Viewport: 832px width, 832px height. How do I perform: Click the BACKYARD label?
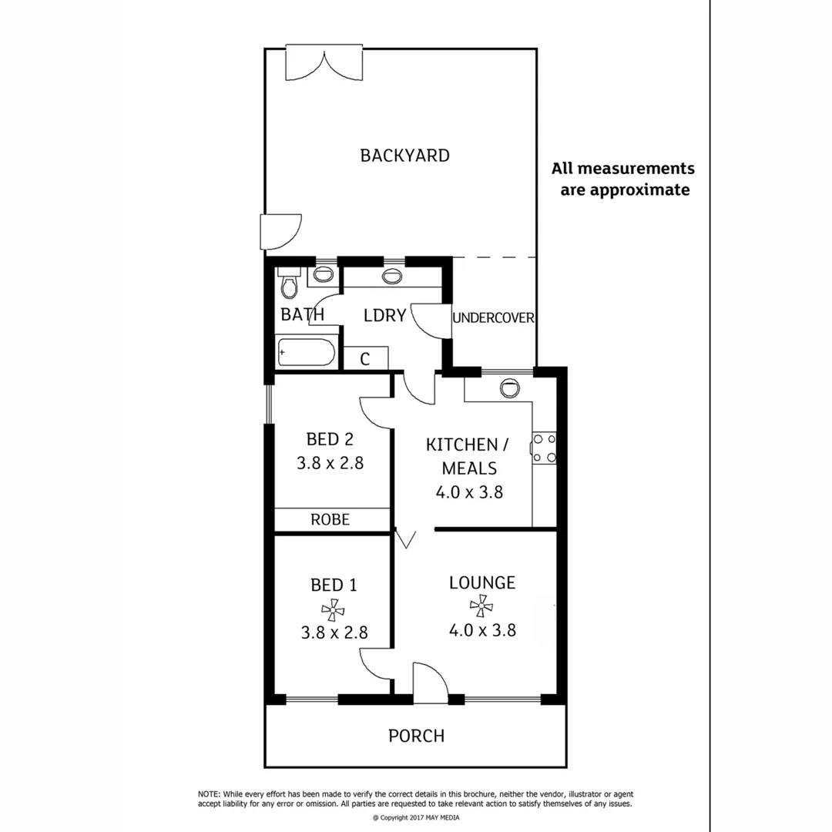[404, 156]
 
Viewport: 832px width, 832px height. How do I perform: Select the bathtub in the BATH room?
[306, 353]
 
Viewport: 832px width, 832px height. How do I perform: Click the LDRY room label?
[384, 315]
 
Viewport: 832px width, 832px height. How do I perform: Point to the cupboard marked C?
[365, 358]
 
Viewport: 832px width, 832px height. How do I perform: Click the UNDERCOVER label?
[493, 317]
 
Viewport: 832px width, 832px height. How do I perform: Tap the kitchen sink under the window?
[509, 387]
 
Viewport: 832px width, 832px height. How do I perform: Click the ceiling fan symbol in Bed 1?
[333, 611]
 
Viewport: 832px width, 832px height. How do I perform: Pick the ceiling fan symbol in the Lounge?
[481, 606]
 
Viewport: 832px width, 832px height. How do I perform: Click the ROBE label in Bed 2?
[330, 520]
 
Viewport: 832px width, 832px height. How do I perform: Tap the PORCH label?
[416, 736]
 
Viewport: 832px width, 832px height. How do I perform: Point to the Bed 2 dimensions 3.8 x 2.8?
[330, 464]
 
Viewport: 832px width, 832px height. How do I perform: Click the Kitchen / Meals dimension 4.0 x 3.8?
[469, 492]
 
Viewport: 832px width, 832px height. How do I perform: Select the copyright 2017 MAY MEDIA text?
[415, 817]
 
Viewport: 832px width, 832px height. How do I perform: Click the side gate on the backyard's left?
[280, 232]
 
